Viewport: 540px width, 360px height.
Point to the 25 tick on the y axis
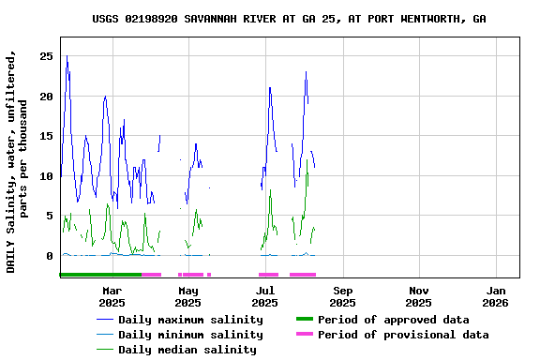(45, 56)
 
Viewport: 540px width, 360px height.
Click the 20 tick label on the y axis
(45, 96)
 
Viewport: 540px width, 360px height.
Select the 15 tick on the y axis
(45, 136)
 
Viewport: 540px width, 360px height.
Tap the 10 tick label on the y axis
(45, 175)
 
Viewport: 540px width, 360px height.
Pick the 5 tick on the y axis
(49, 216)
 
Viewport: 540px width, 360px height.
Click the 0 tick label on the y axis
(49, 255)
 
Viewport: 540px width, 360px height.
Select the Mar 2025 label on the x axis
(112, 297)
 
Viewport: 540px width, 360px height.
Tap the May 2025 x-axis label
(187, 297)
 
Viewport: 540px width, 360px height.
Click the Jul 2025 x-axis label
(265, 297)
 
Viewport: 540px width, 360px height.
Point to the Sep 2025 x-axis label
(342, 297)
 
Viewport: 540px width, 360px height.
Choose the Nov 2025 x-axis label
(419, 297)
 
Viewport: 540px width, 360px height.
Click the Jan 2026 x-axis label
(496, 297)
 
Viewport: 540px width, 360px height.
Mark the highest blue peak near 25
(67, 56)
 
